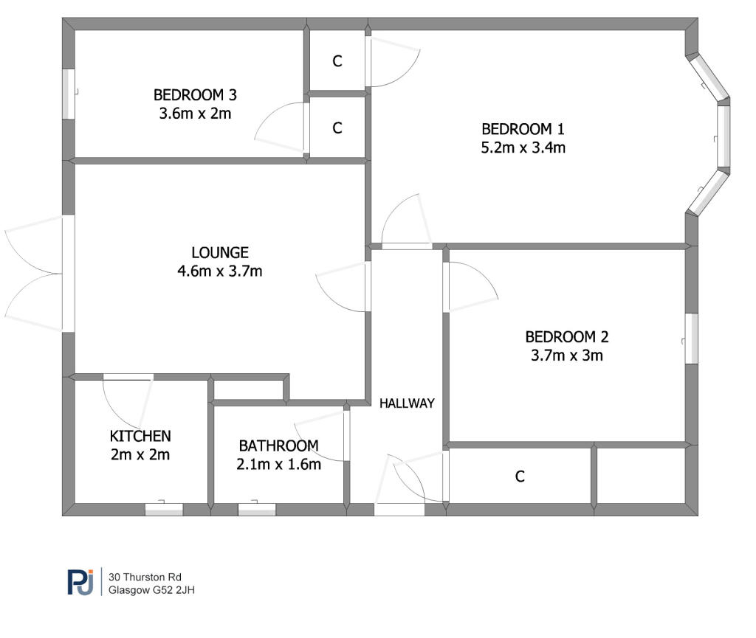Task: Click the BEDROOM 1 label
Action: pos(523,129)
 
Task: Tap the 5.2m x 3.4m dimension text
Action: pos(523,148)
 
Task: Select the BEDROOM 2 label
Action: pos(567,337)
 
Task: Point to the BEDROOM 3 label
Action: pos(195,95)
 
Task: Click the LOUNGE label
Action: pos(220,253)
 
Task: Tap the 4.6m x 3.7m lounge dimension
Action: pos(220,271)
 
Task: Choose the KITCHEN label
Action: pos(140,436)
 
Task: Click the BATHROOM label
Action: pos(278,446)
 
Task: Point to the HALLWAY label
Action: pos(407,403)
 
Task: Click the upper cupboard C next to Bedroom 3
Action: pos(337,61)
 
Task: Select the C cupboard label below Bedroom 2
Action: pos(519,476)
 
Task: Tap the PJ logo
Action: pos(80,582)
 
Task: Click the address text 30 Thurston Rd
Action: pos(145,577)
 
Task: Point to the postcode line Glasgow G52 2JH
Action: pos(151,590)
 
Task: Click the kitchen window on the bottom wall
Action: pos(164,509)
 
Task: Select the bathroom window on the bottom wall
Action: pos(257,509)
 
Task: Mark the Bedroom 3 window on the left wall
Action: pos(69,94)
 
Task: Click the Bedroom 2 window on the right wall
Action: pos(691,339)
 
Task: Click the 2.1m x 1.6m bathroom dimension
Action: pos(278,464)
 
